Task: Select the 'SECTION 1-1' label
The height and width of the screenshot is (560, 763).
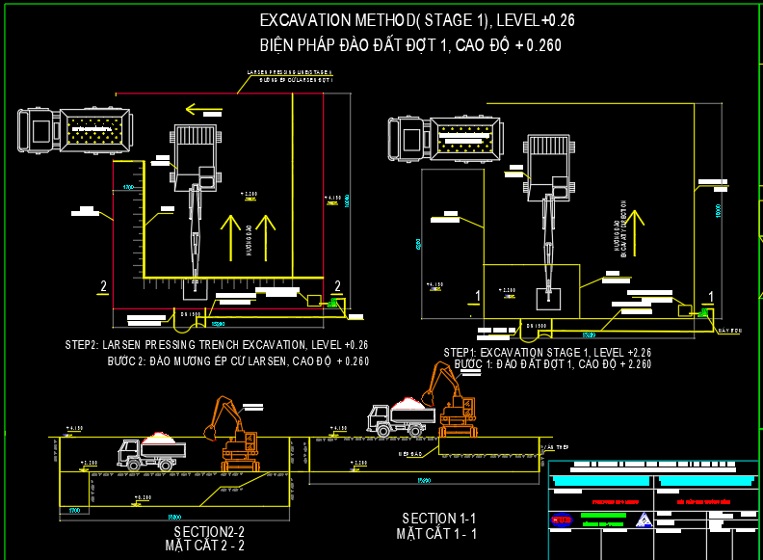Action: (x=439, y=519)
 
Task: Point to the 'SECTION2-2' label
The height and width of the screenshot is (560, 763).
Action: (x=209, y=532)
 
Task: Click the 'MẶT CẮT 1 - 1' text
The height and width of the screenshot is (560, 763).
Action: (x=436, y=533)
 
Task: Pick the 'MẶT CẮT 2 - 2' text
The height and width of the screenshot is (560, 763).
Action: (x=204, y=546)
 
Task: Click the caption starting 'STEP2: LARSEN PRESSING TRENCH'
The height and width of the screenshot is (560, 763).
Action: (x=217, y=344)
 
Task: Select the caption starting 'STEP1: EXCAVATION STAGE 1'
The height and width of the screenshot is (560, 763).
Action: (x=547, y=353)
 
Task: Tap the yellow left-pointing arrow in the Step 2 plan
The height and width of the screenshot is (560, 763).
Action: (x=204, y=109)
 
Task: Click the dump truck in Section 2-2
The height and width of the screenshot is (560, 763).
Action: (x=151, y=451)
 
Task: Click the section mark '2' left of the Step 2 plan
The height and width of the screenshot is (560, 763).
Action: (x=103, y=286)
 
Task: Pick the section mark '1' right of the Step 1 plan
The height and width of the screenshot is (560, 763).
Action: (x=711, y=296)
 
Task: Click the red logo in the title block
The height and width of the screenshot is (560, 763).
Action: (x=562, y=520)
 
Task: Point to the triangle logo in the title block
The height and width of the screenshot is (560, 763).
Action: (x=644, y=520)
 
